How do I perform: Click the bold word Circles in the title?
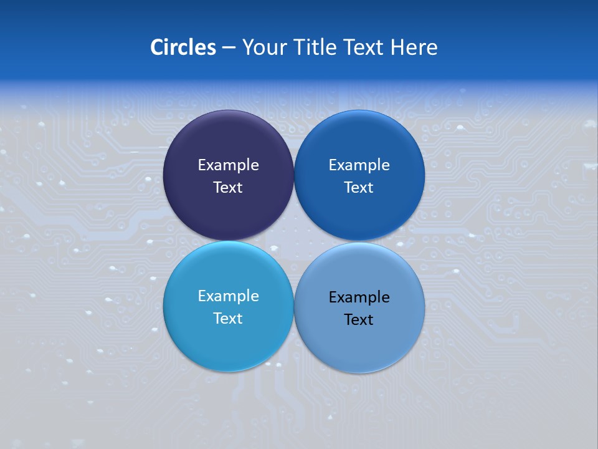183,47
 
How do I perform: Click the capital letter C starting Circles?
157,47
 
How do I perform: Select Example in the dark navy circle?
228,165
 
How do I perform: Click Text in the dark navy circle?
228,187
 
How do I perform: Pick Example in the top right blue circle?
359,165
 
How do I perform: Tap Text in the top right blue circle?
359,187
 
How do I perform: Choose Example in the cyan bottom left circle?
228,296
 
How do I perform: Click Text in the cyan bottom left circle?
228,318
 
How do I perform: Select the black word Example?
359,297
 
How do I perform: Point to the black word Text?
359,319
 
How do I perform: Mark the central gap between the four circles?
294,241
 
